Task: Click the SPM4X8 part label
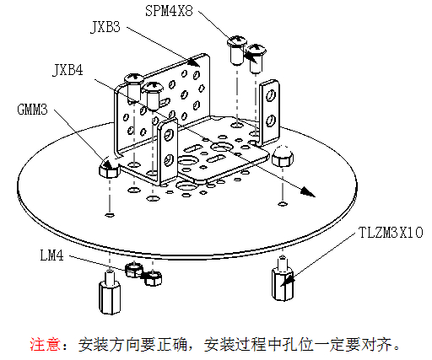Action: point(169,11)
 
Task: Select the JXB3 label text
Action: point(105,27)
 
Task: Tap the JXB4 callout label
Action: point(67,70)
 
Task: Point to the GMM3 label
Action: point(32,110)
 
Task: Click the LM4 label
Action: point(51,255)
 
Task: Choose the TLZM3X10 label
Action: point(391,233)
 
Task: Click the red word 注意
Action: point(45,344)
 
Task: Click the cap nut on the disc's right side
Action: point(283,156)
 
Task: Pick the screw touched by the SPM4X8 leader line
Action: point(237,49)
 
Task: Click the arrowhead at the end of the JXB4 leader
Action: point(308,192)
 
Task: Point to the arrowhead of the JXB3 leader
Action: point(194,62)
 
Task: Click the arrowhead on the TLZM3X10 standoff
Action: point(288,281)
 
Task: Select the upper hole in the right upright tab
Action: point(271,95)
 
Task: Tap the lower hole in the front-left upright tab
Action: point(169,159)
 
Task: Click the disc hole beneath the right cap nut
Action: point(283,203)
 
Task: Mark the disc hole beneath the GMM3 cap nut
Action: point(110,215)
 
